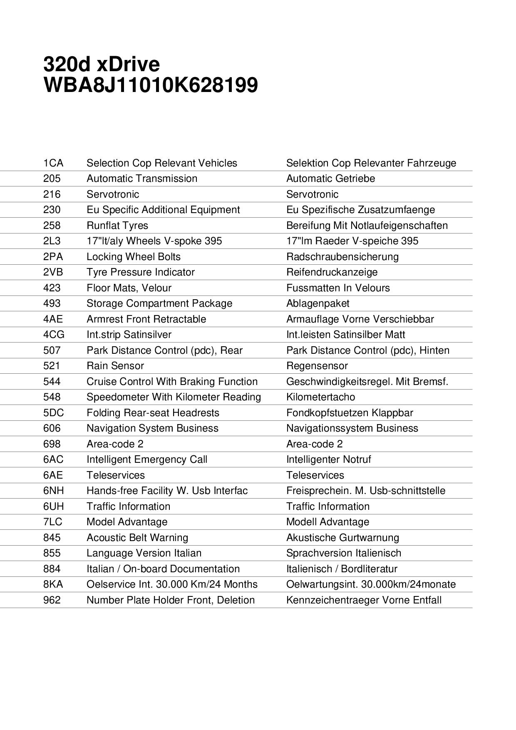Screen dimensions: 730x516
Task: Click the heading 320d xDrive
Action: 102,65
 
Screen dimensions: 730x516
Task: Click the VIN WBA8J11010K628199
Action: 150,85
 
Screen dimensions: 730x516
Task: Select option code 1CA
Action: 53,163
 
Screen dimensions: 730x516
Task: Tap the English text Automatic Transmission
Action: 142,179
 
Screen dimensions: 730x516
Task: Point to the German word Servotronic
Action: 312,194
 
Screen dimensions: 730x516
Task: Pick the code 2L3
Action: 52,241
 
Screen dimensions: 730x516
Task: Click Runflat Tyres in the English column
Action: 117,226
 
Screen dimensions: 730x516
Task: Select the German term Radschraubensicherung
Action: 342,257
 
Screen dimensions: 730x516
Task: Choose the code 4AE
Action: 53,319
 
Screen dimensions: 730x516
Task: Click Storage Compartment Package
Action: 159,303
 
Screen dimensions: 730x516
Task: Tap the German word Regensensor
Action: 317,366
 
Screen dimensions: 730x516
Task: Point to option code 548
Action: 52,397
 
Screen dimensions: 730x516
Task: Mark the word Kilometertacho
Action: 320,397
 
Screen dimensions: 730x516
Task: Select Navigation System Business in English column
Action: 152,428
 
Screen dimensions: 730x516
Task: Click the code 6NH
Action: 54,491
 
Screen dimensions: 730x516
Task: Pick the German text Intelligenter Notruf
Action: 328,459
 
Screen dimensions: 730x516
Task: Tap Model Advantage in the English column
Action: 127,522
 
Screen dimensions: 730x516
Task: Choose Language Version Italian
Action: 144,553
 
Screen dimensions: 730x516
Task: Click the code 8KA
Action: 53,584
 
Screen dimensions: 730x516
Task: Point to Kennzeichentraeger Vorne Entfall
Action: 364,600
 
